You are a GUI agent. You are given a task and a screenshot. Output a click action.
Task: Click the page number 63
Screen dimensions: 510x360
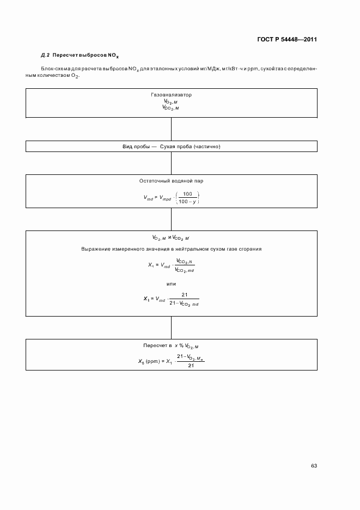[314, 465]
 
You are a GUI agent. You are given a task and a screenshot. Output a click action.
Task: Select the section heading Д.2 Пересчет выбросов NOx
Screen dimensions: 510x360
[80, 55]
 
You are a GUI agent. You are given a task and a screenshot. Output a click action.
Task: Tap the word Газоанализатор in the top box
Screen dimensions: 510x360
[171, 95]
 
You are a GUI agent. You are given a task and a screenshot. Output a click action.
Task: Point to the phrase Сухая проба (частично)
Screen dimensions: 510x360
[190, 147]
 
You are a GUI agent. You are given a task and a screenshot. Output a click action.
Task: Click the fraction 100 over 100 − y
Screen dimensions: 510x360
[188, 198]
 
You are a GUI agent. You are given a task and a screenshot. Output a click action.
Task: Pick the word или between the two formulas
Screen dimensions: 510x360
[171, 284]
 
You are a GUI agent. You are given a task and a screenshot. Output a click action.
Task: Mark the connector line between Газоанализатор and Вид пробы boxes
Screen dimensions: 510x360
[172, 129]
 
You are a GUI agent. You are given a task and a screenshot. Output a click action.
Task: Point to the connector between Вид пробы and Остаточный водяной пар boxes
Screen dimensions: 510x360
[172, 163]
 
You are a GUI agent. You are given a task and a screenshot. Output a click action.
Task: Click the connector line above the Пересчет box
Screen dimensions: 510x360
[172, 327]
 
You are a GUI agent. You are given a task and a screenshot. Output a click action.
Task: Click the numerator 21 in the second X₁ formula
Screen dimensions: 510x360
[185, 295]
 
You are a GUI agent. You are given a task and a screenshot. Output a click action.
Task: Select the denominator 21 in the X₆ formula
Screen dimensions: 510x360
[190, 366]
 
